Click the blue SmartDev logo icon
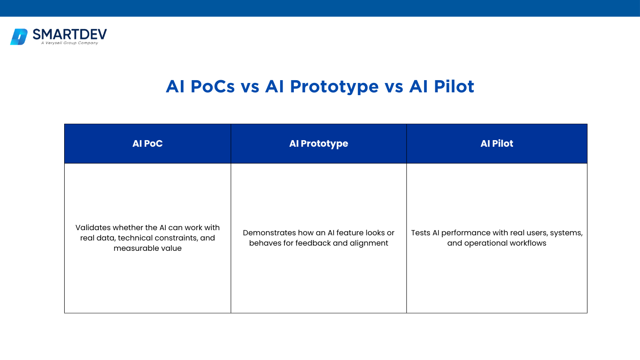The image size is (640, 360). click(x=19, y=37)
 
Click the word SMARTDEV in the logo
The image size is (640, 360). click(x=70, y=34)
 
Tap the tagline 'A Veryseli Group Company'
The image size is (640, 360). click(x=69, y=43)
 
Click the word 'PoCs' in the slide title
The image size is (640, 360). click(x=212, y=86)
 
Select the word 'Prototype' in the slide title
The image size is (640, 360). click(x=334, y=87)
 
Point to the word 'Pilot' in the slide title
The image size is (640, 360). click(x=454, y=86)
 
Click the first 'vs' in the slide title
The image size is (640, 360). click(x=250, y=88)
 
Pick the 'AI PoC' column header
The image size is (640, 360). click(x=148, y=143)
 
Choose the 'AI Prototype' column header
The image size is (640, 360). click(x=319, y=143)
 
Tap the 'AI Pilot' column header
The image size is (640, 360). click(x=497, y=143)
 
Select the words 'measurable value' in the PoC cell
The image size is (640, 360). click(x=148, y=248)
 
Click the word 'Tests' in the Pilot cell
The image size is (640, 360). click(x=421, y=233)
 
